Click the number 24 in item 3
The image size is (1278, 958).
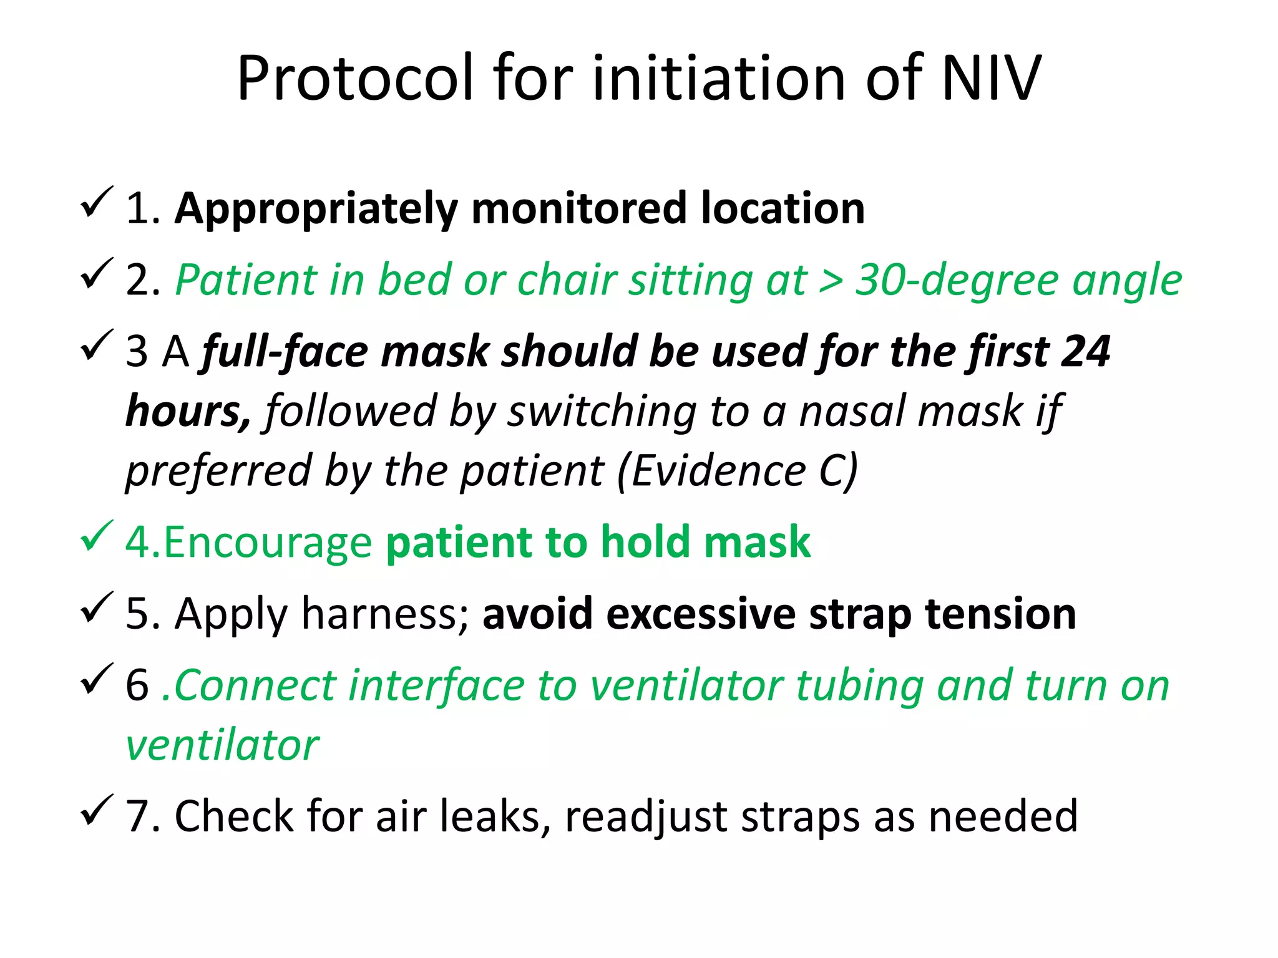1085,352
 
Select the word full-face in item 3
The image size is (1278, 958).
285,352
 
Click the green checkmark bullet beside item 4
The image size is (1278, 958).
97,536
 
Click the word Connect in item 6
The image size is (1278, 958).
255,685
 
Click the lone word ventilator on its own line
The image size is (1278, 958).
222,745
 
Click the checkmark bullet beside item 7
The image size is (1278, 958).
97,810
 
